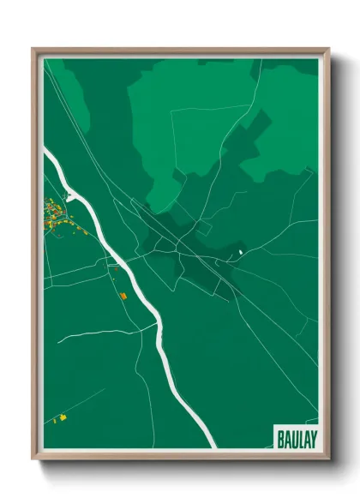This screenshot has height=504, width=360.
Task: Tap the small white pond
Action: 241,251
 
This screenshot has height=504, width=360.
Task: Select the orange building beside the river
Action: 123,296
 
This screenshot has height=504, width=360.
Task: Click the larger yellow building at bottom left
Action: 62,418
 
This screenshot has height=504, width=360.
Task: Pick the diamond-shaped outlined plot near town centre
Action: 203,230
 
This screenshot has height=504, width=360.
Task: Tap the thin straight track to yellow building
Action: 86,403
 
